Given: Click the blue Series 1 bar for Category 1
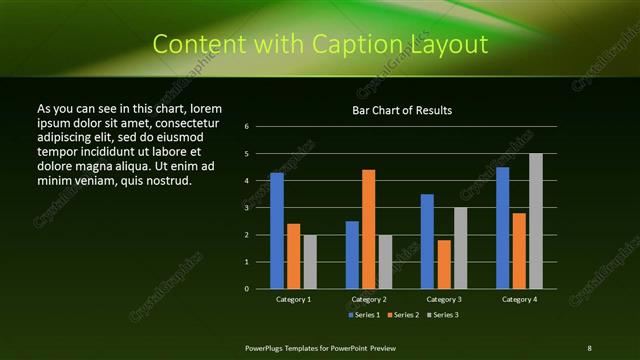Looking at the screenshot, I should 277,231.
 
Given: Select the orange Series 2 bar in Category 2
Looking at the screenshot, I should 368,229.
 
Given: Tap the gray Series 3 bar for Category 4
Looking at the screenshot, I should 535,221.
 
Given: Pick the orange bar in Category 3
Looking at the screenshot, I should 444,264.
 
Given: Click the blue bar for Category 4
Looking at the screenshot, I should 502,228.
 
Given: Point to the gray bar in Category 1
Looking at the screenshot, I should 310,262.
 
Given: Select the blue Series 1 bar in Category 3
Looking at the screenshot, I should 427,241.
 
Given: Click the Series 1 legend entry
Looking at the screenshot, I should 364,314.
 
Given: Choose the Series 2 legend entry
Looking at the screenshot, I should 403,314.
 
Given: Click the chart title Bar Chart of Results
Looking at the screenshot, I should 402,110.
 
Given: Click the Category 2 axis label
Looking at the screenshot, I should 368,299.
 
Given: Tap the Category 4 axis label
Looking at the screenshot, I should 518,299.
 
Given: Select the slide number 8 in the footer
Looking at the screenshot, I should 588,346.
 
